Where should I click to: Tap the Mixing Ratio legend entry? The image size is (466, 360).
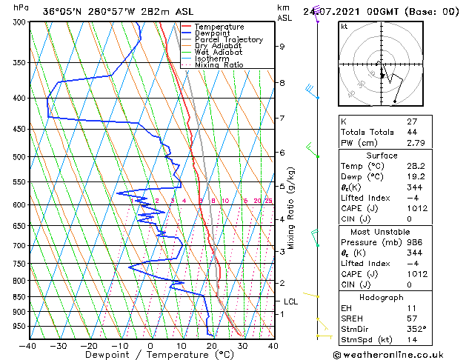[x=223, y=65]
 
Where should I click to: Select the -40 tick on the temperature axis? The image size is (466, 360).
[x=28, y=345]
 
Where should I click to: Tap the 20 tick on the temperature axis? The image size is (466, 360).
[x=211, y=345]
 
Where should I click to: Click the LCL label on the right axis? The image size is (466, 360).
[x=291, y=301]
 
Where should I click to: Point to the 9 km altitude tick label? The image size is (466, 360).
[x=282, y=47]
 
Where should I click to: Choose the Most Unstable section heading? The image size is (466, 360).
[x=382, y=231]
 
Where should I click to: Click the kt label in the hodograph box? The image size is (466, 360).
[x=344, y=27]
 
